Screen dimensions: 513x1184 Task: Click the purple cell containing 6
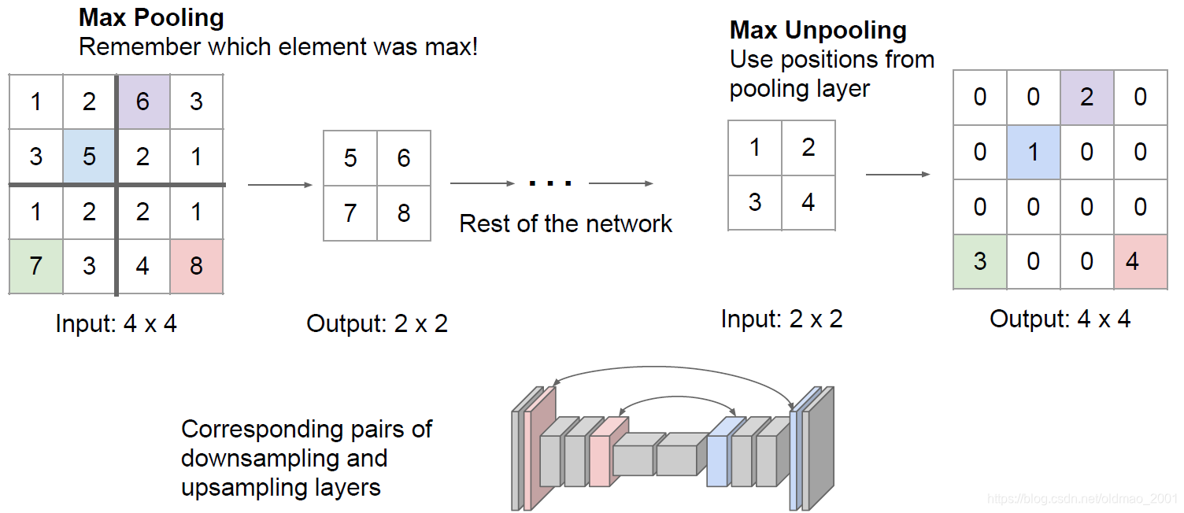(x=142, y=101)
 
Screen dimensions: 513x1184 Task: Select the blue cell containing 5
(x=89, y=156)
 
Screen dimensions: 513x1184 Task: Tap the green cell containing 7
(x=35, y=266)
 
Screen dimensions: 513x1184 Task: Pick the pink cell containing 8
(x=196, y=266)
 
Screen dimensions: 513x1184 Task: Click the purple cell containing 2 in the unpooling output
(x=1086, y=98)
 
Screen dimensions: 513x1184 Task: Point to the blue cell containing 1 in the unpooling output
(x=1033, y=152)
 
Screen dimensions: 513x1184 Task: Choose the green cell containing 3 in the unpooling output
(x=979, y=260)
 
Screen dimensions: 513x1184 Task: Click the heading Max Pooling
(x=151, y=17)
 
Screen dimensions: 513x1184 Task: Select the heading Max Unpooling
(x=818, y=31)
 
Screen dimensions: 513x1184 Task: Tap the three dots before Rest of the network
(x=550, y=184)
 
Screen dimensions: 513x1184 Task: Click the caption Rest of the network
(x=565, y=223)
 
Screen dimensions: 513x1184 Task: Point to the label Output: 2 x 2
(x=377, y=323)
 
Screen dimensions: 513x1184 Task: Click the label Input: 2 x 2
(x=782, y=319)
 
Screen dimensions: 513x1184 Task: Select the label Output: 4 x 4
(x=1060, y=319)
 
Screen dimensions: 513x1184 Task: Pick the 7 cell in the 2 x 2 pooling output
(x=350, y=213)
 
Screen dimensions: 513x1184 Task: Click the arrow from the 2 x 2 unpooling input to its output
(x=897, y=174)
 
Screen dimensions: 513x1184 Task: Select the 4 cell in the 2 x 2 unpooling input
(x=808, y=202)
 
